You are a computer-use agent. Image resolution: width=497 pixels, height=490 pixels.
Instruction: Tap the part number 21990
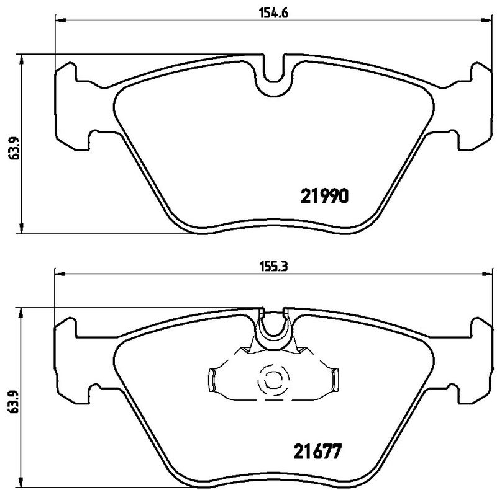click(x=327, y=196)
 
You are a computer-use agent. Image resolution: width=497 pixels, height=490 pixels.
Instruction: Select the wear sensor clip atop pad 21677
click(x=273, y=329)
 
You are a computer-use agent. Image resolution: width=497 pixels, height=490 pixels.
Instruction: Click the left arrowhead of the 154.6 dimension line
click(x=60, y=19)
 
